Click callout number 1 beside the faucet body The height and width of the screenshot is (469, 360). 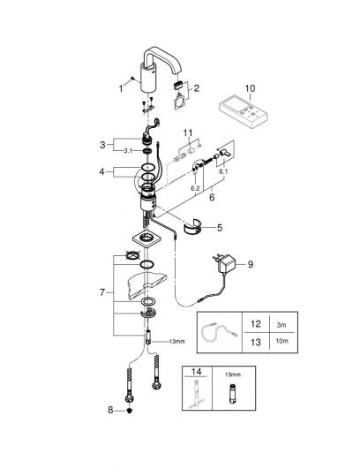121,88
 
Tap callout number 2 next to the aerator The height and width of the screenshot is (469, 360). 196,88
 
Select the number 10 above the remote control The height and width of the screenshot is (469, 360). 250,88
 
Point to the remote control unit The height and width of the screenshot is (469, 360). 244,110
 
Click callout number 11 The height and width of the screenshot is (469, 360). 188,132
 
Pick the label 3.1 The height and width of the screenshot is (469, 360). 128,151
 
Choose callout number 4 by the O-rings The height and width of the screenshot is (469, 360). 102,172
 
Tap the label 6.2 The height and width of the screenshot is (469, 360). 195,188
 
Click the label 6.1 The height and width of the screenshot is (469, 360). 223,171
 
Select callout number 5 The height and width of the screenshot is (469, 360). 220,228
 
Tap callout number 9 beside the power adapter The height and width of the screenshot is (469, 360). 251,264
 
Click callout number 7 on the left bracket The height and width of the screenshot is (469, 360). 102,292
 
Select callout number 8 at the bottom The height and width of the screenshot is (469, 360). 110,410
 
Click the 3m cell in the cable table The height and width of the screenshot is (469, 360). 281,325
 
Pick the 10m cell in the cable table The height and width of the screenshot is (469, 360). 282,341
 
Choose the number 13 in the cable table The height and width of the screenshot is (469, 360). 256,342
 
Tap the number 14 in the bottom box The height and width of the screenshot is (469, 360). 196,372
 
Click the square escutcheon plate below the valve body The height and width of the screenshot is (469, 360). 146,238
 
